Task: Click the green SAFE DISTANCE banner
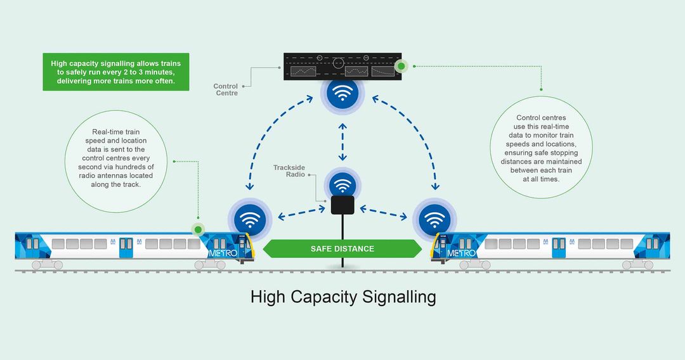tap(342, 248)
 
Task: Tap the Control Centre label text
tap(225, 89)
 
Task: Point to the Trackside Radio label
tap(289, 171)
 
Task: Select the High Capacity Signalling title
tap(342, 297)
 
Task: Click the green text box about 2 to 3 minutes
tap(116, 72)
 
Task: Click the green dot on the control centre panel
tap(401, 66)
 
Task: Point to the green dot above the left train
tap(198, 229)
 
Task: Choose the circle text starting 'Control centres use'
tap(541, 148)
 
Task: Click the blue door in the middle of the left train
tap(126, 247)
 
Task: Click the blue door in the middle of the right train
tap(559, 247)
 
